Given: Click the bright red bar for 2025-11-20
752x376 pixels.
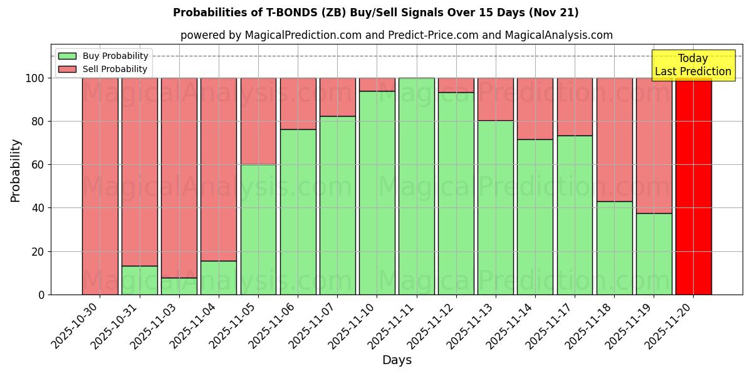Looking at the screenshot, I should click(x=693, y=186).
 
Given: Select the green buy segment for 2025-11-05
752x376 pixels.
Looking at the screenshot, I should click(x=258, y=229).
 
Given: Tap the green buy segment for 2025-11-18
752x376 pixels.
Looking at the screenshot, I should click(x=614, y=248).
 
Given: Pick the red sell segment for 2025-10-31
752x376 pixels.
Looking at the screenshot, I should click(x=140, y=172).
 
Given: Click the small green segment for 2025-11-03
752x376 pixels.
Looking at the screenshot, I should click(x=179, y=286).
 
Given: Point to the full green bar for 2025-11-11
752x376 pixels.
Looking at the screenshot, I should click(x=417, y=186).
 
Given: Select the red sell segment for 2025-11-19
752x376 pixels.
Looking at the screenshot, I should click(x=654, y=145).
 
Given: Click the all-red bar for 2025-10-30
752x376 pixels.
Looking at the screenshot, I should click(x=100, y=186).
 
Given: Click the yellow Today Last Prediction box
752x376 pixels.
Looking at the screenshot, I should click(x=692, y=65).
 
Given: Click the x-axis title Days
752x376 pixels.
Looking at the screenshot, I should click(x=397, y=360).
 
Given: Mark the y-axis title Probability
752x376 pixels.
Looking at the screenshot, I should click(x=16, y=170).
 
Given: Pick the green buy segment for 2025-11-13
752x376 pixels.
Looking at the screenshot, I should click(x=496, y=207).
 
